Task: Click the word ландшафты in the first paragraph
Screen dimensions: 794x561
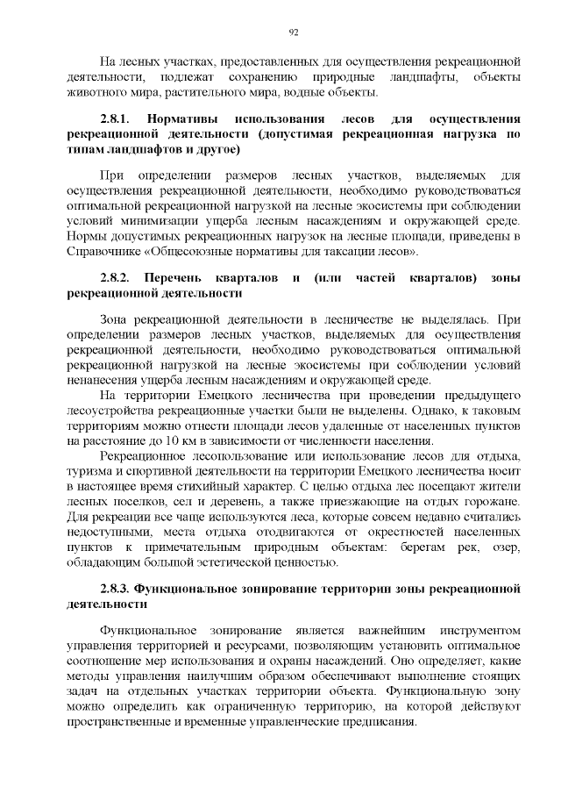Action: point(413,77)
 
